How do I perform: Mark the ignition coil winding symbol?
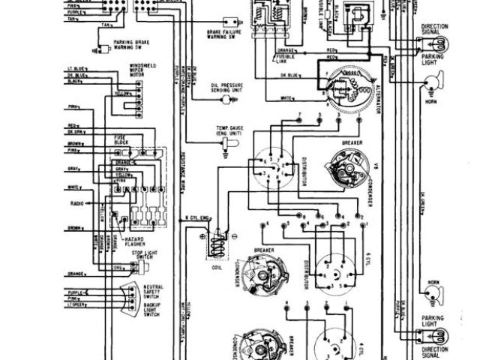[x=217, y=241]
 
